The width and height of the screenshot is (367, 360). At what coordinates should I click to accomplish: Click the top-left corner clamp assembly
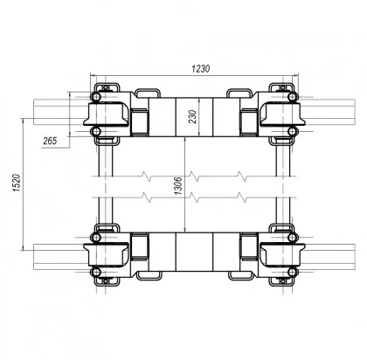[106, 112]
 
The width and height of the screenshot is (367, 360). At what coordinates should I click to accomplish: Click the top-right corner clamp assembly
[279, 112]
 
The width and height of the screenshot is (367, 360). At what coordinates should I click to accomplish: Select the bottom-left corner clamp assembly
[106, 255]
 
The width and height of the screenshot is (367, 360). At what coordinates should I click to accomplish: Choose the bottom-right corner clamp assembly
[279, 255]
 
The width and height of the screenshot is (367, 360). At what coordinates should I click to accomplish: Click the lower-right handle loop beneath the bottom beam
[239, 278]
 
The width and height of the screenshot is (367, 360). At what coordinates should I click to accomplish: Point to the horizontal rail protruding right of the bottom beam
[323, 255]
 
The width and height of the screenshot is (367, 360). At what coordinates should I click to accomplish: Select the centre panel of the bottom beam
[192, 255]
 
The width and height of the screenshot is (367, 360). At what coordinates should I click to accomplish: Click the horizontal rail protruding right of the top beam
[323, 112]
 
